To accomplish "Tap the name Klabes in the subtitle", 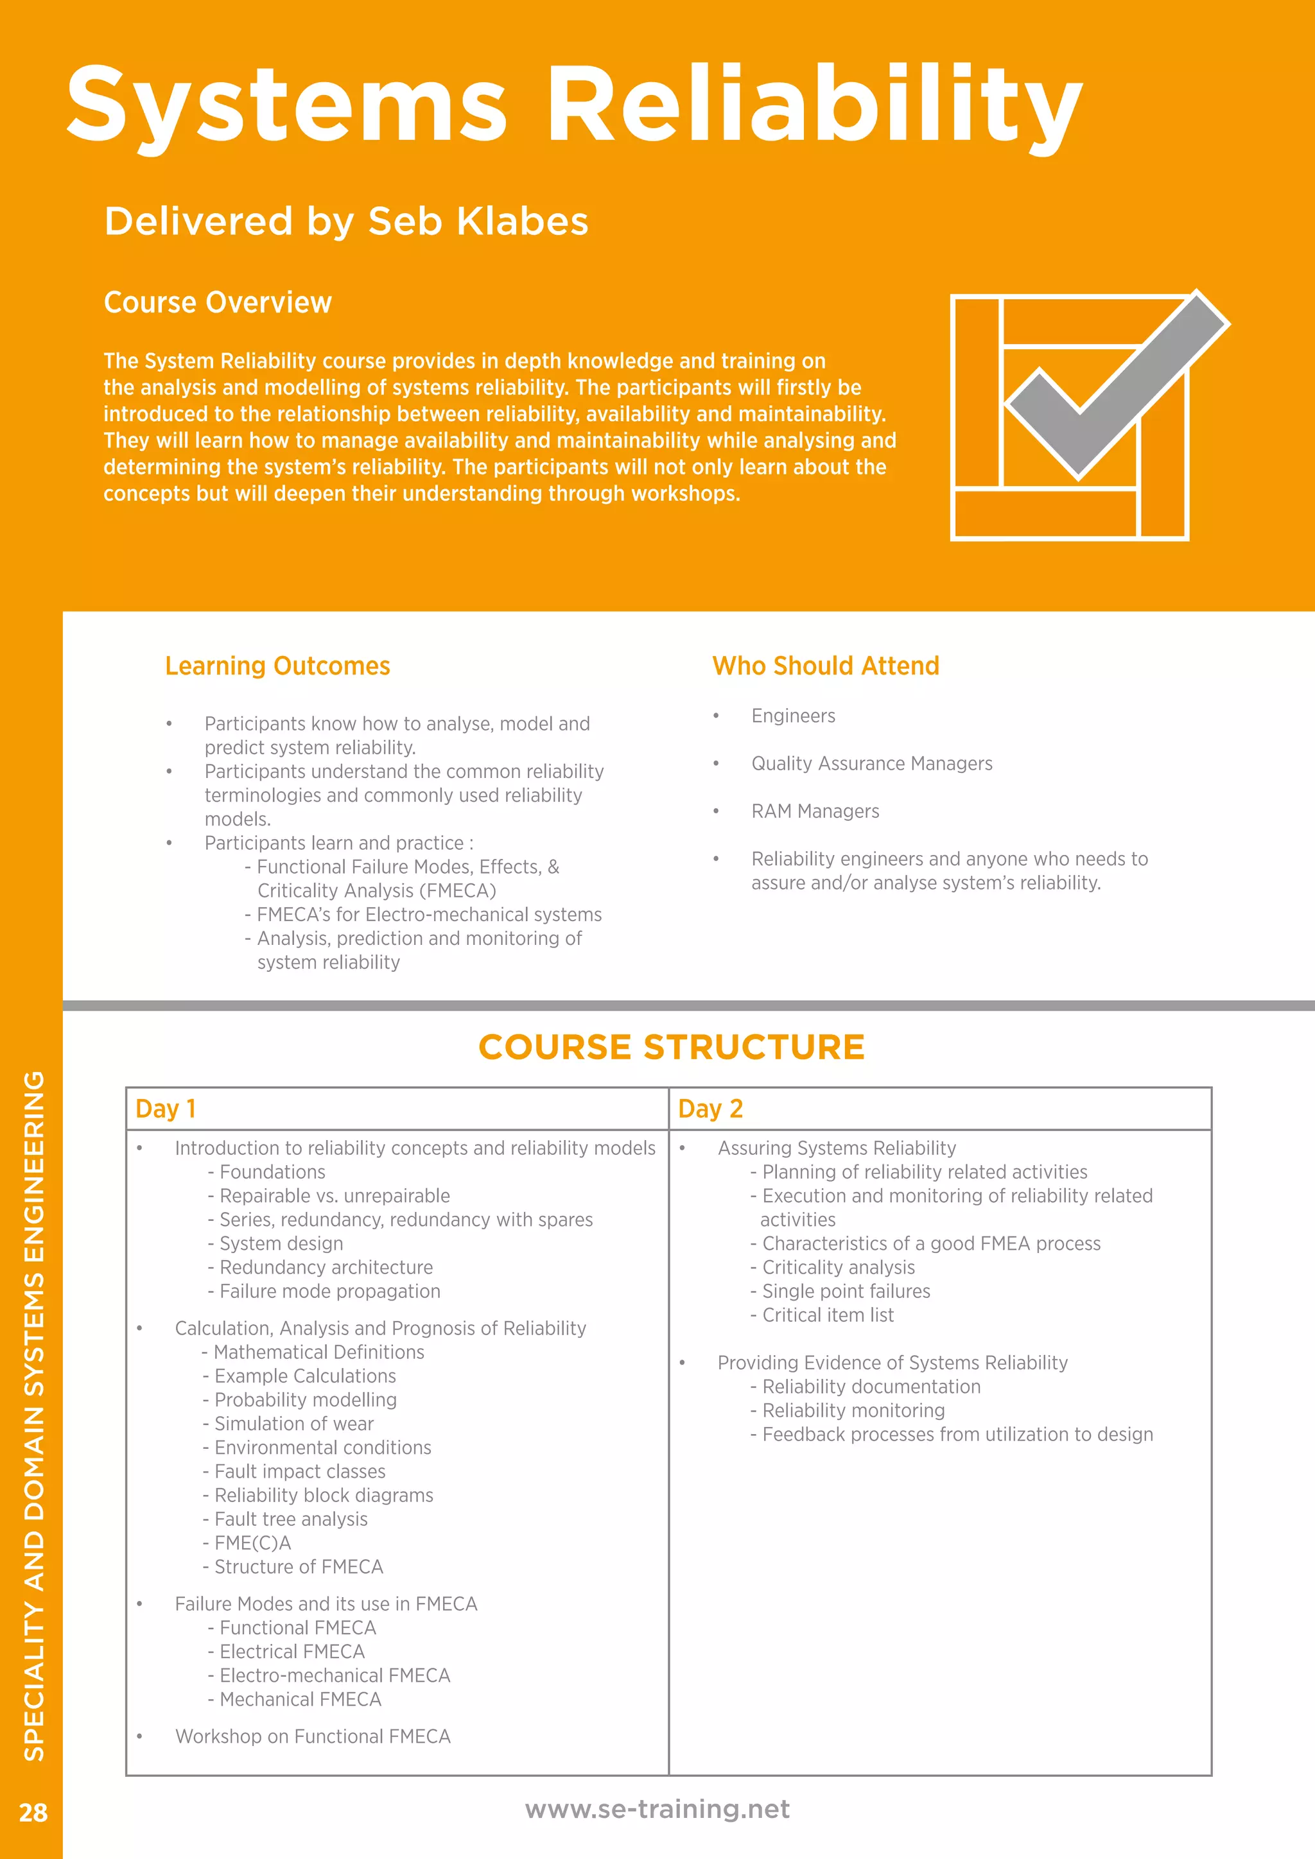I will pos(522,221).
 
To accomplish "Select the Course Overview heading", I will pos(218,302).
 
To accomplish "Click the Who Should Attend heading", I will pos(825,666).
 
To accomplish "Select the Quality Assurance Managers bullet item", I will pos(871,763).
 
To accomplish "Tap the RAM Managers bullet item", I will pos(815,811).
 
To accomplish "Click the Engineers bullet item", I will pos(793,716).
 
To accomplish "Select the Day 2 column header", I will pos(710,1109).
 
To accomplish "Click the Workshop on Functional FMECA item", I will pos(313,1736).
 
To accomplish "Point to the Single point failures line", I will pos(846,1292).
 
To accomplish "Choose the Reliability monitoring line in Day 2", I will pos(853,1410).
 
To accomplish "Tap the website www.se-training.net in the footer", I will pos(657,1809).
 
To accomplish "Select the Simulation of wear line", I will pos(293,1423).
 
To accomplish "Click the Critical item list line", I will pos(827,1315).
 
